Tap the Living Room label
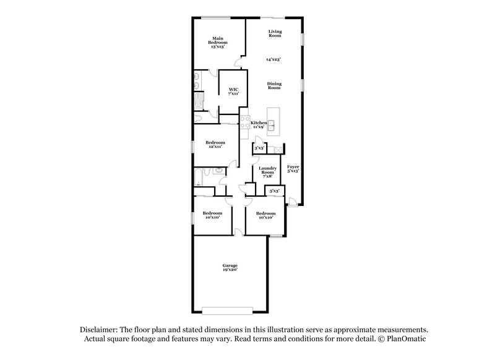click(275, 34)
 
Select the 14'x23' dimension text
click(273, 59)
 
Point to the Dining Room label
click(274, 86)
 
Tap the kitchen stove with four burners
click(244, 122)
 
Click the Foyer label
click(293, 168)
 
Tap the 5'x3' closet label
click(275, 192)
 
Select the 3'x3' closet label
click(260, 148)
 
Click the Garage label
click(230, 267)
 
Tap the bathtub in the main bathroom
click(198, 101)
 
